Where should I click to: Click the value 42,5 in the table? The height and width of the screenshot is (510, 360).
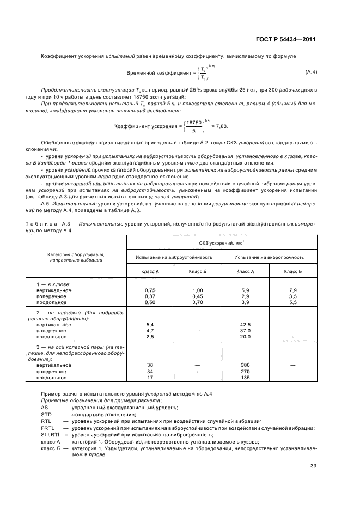click(x=246, y=324)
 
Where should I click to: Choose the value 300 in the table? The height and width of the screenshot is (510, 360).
click(x=246, y=365)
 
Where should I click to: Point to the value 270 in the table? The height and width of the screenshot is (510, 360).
click(x=246, y=371)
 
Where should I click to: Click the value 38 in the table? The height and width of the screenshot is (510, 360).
click(x=150, y=365)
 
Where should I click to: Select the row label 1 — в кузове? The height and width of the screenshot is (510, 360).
click(x=54, y=284)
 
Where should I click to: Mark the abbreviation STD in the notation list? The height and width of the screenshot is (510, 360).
click(x=46, y=414)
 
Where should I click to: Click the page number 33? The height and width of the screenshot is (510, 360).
click(x=313, y=465)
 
